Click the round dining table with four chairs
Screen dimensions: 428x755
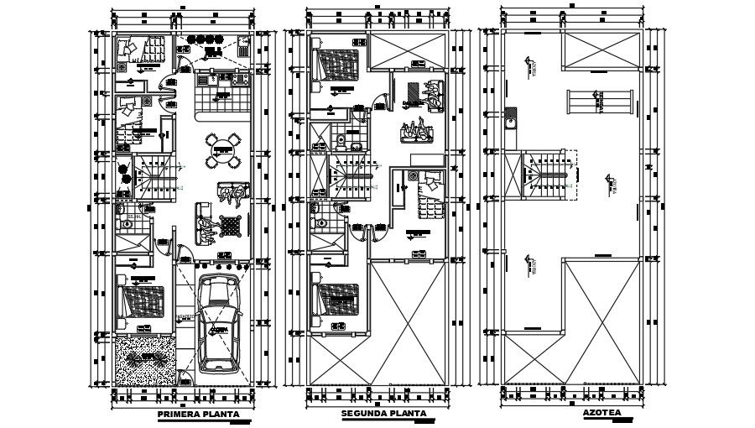pyautogui.click(x=222, y=152)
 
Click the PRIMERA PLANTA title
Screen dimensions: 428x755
pyautogui.click(x=198, y=415)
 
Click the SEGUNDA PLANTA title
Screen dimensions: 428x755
pyautogui.click(x=383, y=415)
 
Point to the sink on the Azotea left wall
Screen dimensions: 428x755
pyautogui.click(x=510, y=126)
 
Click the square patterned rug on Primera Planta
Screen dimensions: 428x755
pyautogui.click(x=230, y=224)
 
